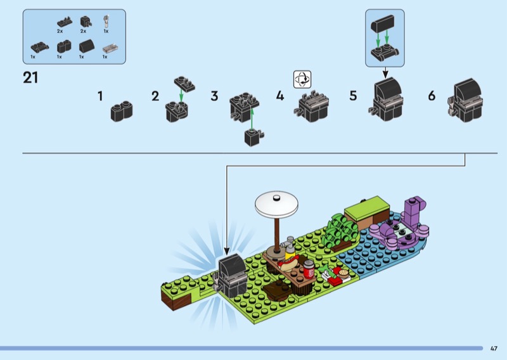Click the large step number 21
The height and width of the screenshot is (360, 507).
click(x=30, y=77)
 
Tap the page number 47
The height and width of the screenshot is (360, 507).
click(x=494, y=349)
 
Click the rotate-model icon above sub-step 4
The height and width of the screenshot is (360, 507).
click(x=302, y=79)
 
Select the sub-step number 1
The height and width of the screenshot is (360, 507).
click(x=100, y=96)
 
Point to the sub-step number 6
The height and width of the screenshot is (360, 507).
click(x=432, y=96)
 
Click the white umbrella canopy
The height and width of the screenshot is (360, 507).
click(x=276, y=203)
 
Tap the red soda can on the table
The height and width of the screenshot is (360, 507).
click(x=309, y=269)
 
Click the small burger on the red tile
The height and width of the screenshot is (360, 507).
click(x=343, y=274)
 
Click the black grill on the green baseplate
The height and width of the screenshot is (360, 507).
click(x=232, y=276)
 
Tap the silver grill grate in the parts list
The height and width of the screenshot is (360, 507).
click(x=110, y=49)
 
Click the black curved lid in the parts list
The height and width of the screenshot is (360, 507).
click(x=86, y=46)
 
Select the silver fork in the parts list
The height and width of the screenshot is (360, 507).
click(x=106, y=21)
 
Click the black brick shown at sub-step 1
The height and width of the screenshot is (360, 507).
click(x=122, y=112)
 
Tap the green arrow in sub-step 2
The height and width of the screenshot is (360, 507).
click(x=181, y=95)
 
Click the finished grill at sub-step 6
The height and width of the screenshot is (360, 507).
click(x=466, y=100)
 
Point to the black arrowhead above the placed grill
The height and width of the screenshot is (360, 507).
click(x=227, y=251)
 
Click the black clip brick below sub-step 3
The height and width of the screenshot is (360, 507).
click(x=253, y=137)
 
